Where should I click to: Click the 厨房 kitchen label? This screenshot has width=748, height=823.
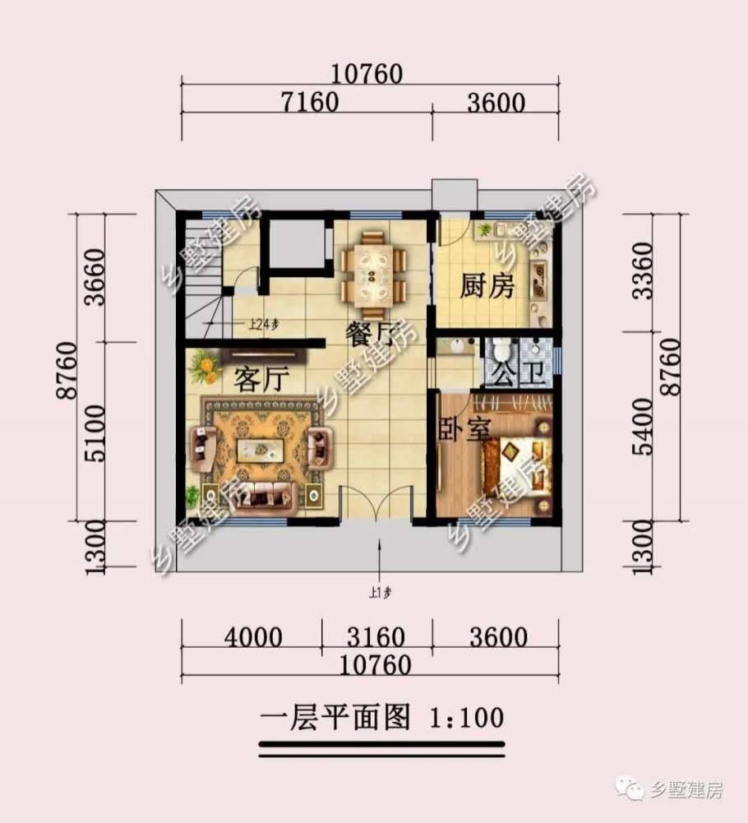point(487,288)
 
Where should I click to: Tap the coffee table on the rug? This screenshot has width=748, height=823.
point(261,450)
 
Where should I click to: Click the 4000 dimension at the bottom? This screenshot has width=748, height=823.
point(251,637)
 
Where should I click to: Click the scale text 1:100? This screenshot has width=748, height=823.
point(466,718)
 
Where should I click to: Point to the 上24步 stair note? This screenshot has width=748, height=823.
point(264,323)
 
